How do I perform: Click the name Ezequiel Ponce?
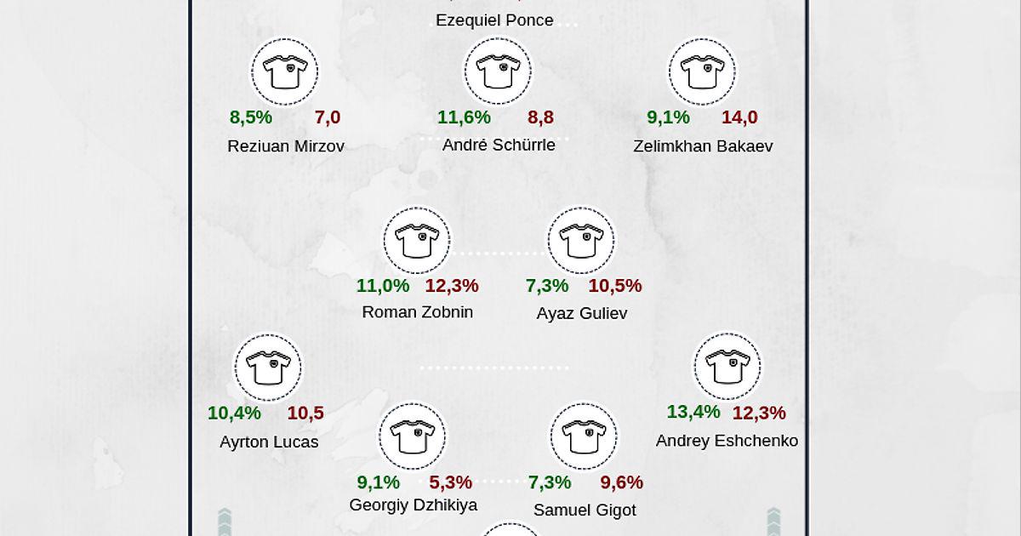pos(494,20)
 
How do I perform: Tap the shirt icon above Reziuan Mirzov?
pos(284,72)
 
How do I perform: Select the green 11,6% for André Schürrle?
pos(464,117)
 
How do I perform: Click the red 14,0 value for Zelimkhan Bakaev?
pos(739,117)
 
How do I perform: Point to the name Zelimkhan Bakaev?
pos(703,145)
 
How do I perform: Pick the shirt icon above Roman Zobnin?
pos(417,241)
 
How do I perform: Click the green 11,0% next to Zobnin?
pos(383,286)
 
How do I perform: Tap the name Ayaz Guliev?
pos(582,313)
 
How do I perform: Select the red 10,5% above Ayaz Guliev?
pos(615,286)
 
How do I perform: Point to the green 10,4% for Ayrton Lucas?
pos(234,413)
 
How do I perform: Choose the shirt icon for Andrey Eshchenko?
pos(727,367)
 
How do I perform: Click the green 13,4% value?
pos(693,412)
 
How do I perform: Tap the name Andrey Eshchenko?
pos(727,441)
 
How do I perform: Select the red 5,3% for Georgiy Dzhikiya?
pos(450,482)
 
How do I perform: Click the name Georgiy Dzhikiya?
pos(414,505)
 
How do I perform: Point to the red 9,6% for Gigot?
pos(622,482)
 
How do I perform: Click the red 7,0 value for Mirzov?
pos(328,117)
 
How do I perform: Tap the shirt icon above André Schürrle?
pos(498,72)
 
